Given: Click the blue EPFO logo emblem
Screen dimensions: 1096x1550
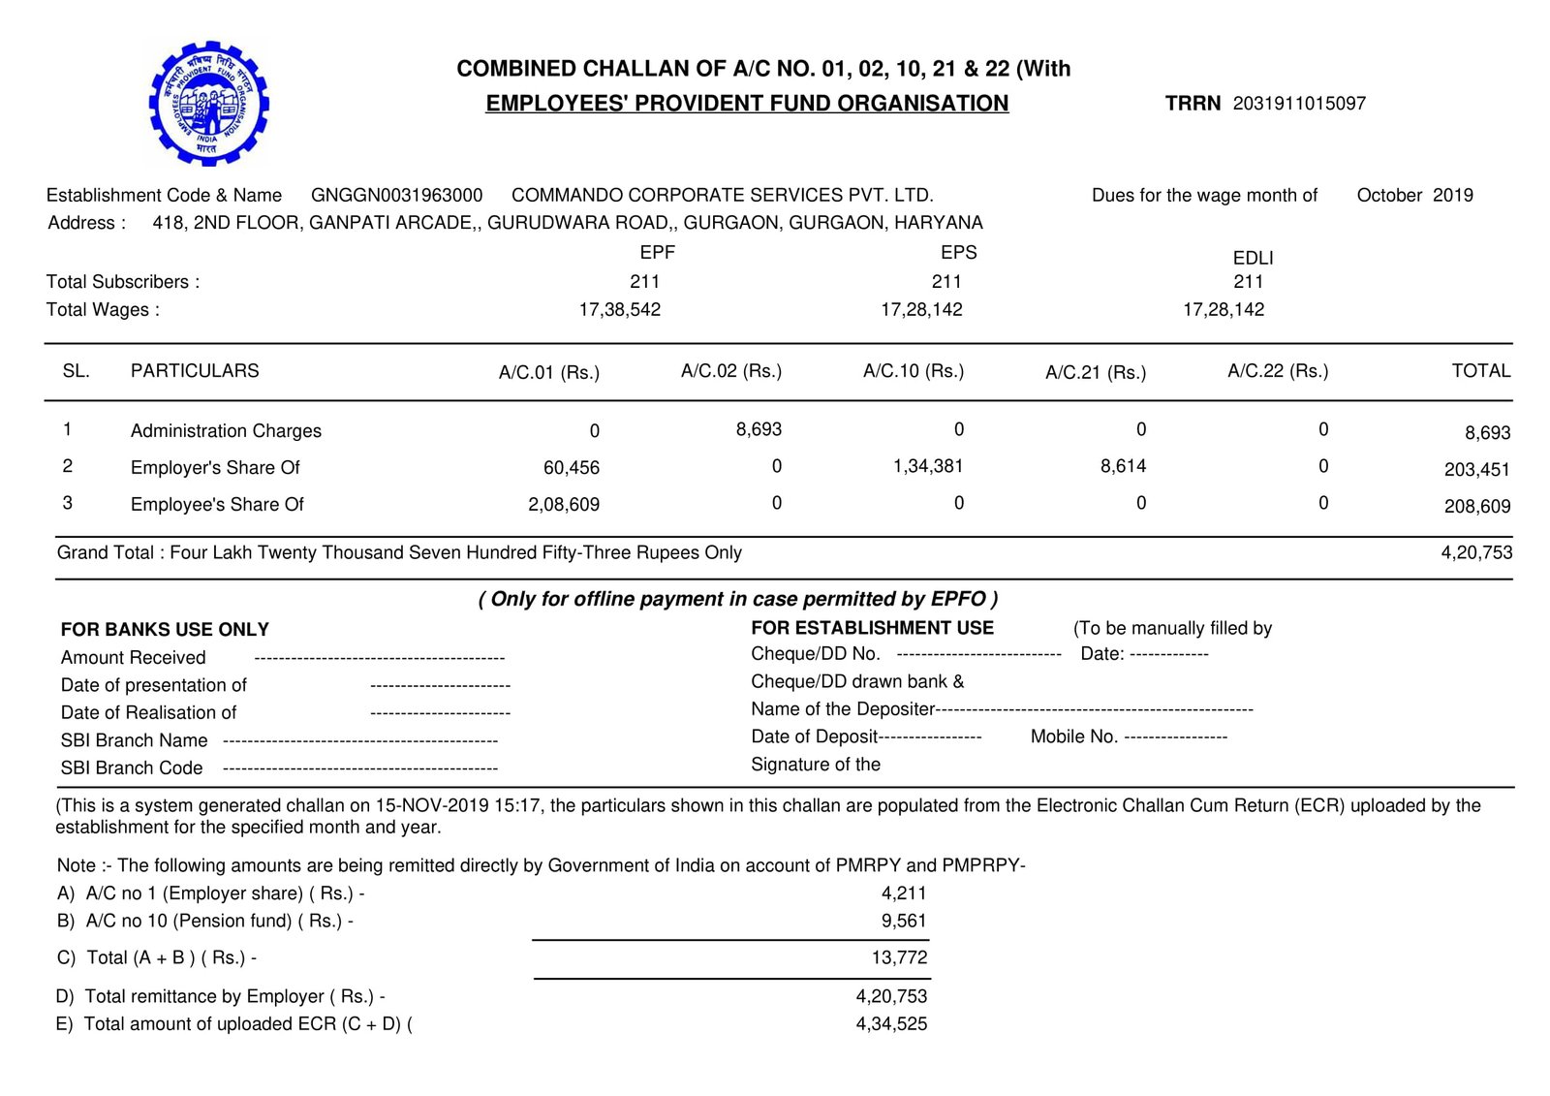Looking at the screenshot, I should (x=208, y=103).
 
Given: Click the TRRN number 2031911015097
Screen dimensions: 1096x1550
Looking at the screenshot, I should (x=1299, y=104).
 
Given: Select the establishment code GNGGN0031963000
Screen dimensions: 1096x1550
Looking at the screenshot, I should (x=396, y=195).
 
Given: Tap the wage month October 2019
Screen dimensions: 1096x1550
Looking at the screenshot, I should (x=1414, y=195).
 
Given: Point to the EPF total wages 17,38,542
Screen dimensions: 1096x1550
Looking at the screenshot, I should (x=620, y=309).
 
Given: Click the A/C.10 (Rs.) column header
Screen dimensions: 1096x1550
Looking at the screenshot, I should (x=914, y=371).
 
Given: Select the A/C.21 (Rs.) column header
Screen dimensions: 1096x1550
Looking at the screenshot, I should (x=1096, y=372).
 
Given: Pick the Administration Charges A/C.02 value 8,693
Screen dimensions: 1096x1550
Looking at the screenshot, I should (x=759, y=429).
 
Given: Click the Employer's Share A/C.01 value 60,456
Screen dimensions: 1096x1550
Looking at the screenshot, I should (x=572, y=468).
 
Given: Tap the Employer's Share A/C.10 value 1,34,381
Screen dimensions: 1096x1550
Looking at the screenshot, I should (x=928, y=466).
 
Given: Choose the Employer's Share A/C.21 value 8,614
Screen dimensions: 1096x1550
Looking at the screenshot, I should (x=1123, y=466).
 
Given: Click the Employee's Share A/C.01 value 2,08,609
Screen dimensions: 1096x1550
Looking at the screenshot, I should (x=564, y=505).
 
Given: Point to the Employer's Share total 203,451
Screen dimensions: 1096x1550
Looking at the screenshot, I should (x=1476, y=470).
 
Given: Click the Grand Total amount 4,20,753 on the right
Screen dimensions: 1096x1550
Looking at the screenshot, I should (x=1476, y=552).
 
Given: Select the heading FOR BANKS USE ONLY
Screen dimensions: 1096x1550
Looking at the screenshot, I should (x=165, y=630).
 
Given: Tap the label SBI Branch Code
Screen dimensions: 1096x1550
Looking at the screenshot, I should (x=132, y=768).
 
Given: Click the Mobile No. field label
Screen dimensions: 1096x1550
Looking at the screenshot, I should (x=1074, y=736).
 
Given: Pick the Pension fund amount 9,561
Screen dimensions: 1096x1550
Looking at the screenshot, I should (x=904, y=921).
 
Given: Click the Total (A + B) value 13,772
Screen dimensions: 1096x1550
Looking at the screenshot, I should (x=899, y=957).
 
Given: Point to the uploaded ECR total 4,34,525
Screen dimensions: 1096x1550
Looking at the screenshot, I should (x=891, y=1023).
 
